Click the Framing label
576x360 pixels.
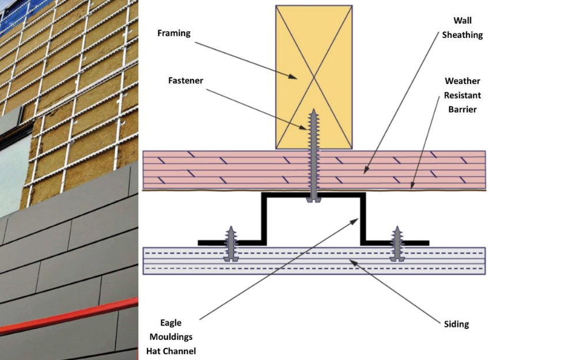pos(173,33)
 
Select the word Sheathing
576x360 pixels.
pos(462,35)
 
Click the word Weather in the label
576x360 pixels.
pos(462,81)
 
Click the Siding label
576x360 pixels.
pos(456,324)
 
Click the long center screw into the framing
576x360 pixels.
pos(314,156)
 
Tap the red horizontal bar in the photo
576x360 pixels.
pos(69,316)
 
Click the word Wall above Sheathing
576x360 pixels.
pos(462,21)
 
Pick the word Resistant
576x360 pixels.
pos(462,94)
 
